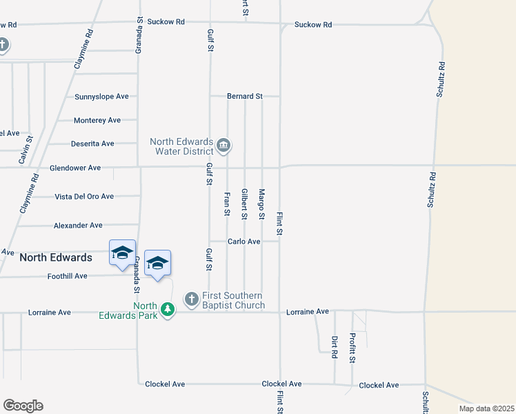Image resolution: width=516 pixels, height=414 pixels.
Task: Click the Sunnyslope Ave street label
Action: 102,97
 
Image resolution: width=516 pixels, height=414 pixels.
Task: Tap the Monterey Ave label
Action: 97,120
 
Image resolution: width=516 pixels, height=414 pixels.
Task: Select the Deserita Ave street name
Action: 92,144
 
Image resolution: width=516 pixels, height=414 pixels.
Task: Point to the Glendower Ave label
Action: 75,168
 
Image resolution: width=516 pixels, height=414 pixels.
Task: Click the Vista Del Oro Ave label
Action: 84,197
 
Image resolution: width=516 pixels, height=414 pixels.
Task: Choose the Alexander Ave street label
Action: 78,226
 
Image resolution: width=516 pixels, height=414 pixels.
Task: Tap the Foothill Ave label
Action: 68,276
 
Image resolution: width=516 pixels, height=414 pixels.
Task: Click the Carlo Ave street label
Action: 245,241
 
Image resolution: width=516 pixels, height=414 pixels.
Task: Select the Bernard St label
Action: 245,97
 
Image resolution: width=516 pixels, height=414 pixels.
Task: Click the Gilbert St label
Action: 244,204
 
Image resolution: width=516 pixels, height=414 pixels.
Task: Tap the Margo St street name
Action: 261,204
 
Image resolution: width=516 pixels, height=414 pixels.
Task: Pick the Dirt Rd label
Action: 335,346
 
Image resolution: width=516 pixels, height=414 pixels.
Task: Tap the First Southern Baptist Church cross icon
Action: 191,300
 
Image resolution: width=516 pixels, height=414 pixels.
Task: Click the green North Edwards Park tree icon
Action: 167,308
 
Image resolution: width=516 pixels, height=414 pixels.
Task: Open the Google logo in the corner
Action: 23,406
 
